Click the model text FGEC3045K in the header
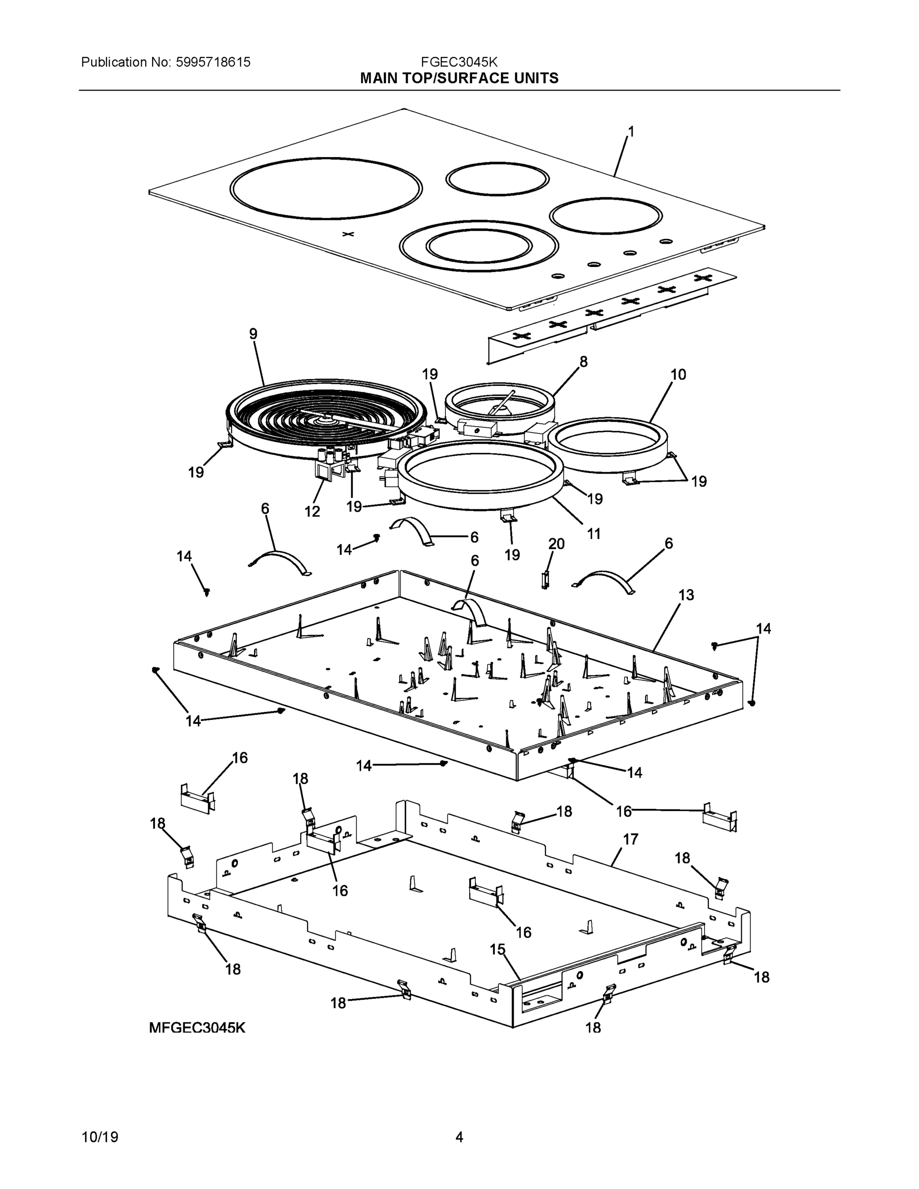(x=458, y=62)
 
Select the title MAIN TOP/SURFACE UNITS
(x=459, y=78)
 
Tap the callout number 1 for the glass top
(x=631, y=131)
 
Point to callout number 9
(x=253, y=334)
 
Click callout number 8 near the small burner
(x=583, y=362)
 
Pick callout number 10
(x=678, y=375)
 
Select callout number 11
(x=594, y=534)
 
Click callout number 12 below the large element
(x=312, y=511)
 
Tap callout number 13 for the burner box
(x=686, y=595)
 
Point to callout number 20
(x=556, y=544)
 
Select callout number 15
(x=497, y=949)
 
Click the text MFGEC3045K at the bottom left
(x=197, y=1028)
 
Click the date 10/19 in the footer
(x=100, y=1137)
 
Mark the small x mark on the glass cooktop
(x=348, y=234)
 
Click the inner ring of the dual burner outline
(x=479, y=247)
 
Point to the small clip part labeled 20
(x=545, y=580)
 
